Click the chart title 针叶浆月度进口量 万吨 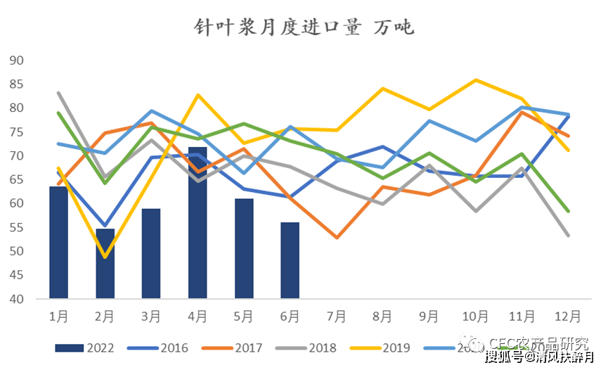coord(304,28)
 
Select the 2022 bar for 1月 coord(58,242)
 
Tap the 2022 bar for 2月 coord(105,263)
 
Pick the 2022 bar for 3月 coord(151,253)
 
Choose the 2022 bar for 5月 coord(244,248)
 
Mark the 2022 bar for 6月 coord(290,260)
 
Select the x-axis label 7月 coord(336,317)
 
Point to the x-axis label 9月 coord(429,317)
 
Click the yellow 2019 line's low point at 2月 coord(105,257)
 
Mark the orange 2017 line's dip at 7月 coord(336,238)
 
